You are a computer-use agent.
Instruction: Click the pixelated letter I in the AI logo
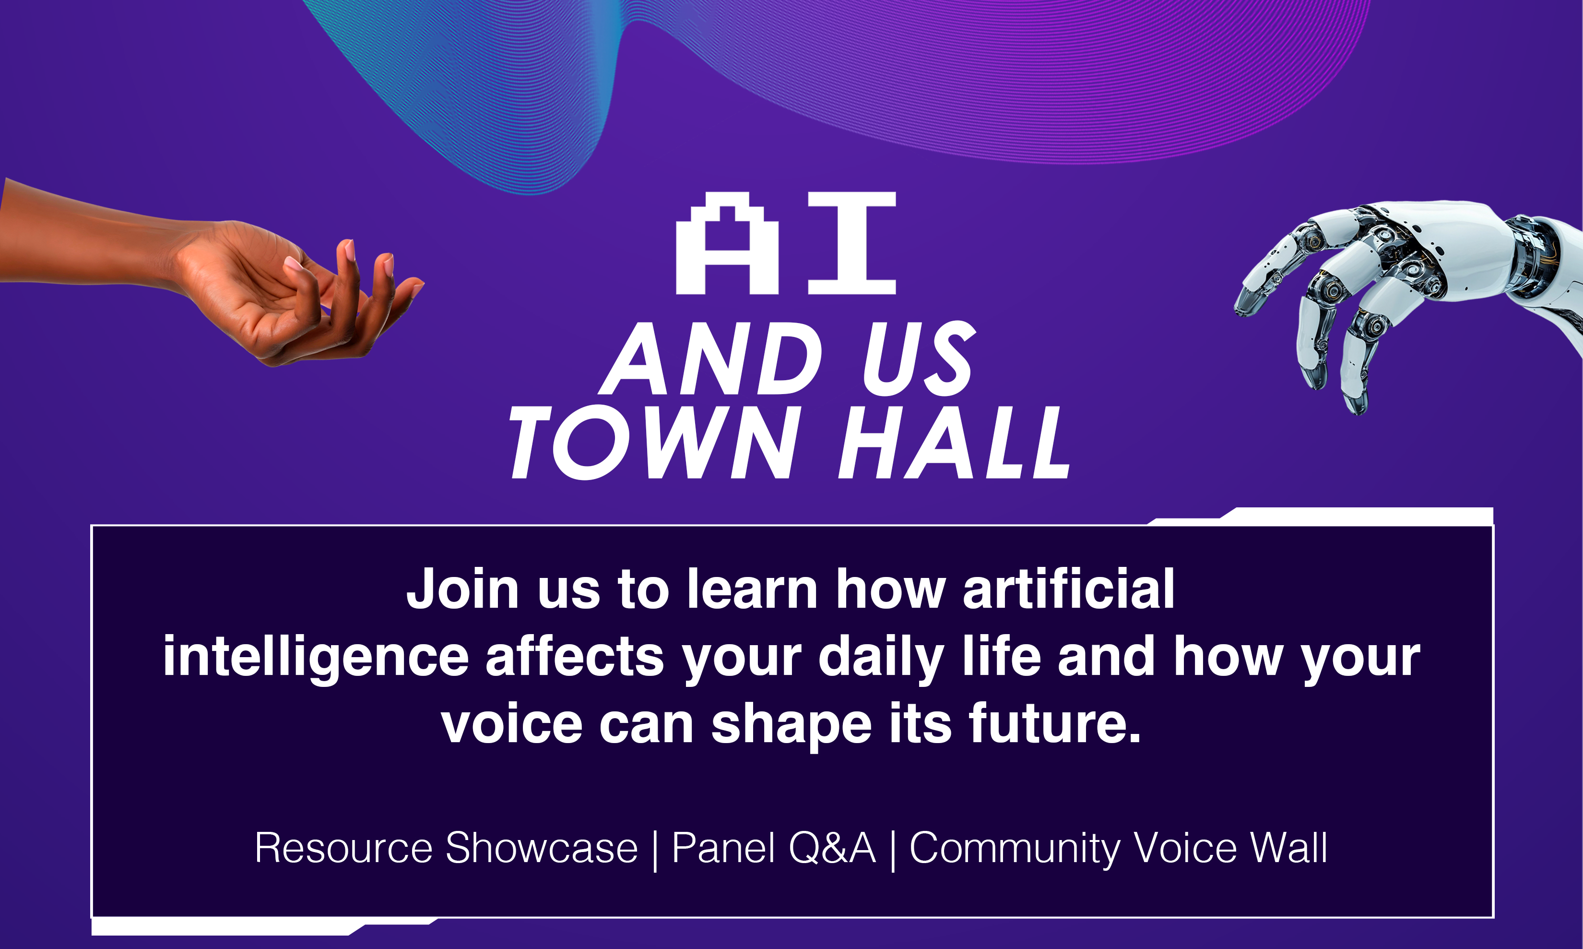(x=852, y=243)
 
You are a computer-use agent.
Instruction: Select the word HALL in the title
(x=955, y=443)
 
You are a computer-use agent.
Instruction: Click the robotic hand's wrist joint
(x=1534, y=256)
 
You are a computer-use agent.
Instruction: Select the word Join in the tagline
(x=463, y=589)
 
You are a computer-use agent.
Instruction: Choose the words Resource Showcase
(x=446, y=849)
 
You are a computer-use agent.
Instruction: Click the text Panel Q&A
(x=773, y=849)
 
